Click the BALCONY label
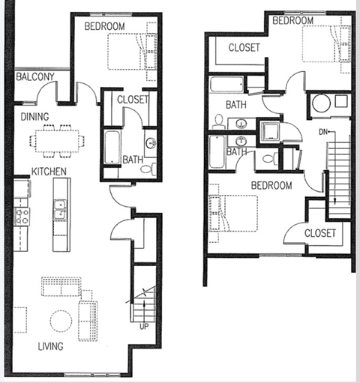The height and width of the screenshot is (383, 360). coord(34,77)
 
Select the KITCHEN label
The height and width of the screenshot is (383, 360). coord(49,172)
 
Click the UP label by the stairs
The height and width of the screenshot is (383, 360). coord(143,327)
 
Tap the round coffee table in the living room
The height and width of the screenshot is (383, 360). coord(61,321)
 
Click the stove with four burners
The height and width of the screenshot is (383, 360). coord(22,217)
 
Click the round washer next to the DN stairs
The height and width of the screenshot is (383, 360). coord(322,103)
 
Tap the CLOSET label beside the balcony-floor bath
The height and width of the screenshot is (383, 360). coord(133,99)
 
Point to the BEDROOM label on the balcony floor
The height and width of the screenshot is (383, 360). coord(105,26)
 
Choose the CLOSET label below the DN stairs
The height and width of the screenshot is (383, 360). coord(320,233)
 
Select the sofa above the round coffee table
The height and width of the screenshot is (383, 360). coord(61,288)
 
